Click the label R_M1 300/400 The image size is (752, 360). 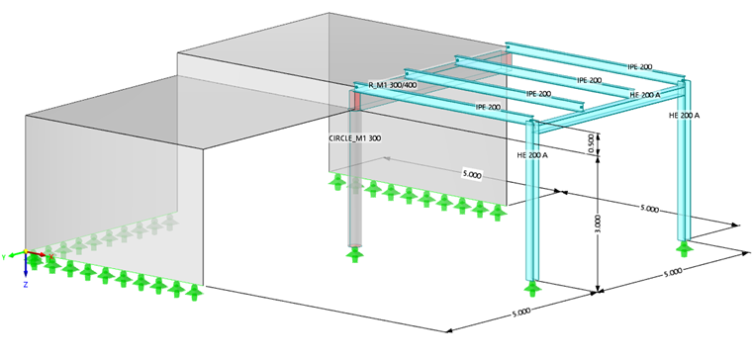(393, 86)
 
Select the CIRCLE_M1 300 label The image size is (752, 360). (354, 137)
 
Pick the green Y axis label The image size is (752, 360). (5, 256)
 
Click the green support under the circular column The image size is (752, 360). (354, 255)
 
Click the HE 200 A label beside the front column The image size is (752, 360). (531, 155)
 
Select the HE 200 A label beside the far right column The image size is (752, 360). (684, 116)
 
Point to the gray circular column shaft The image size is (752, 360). (354, 198)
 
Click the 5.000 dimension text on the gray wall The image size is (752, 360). (472, 174)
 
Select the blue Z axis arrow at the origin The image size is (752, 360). (26, 268)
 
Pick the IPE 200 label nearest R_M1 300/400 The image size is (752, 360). (488, 106)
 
